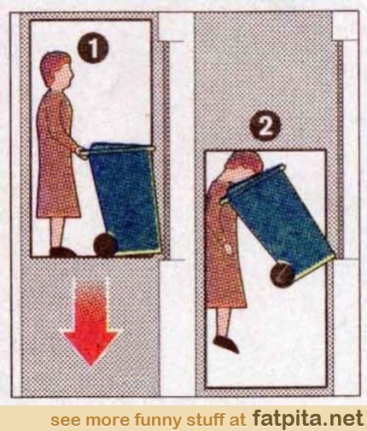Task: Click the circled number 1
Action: (x=93, y=49)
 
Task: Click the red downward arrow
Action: (x=90, y=322)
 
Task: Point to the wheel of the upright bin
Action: (x=106, y=245)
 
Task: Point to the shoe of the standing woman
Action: (x=62, y=252)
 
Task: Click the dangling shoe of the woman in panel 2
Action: (x=226, y=344)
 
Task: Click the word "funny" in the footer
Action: (x=153, y=419)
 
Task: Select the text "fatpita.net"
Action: (x=308, y=417)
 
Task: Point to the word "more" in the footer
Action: (x=102, y=420)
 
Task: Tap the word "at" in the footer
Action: (x=237, y=419)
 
